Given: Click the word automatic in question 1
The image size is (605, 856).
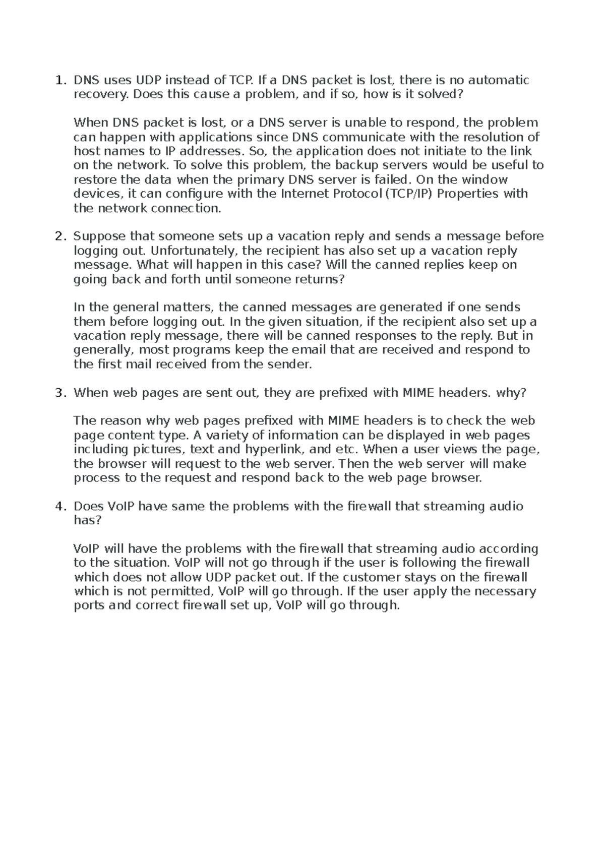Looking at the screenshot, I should coord(499,80).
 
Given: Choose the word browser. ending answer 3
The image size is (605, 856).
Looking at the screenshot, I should coord(457,477).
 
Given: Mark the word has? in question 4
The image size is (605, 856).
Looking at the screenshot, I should coord(88,520).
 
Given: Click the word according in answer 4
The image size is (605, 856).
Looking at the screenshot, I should coord(508,548).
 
